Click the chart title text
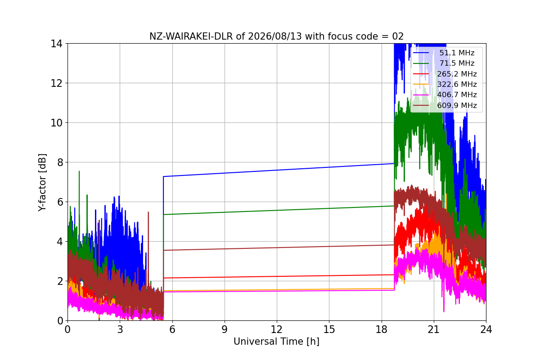(x=276, y=36)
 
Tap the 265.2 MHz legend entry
(x=445, y=74)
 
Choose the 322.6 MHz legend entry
(x=445, y=84)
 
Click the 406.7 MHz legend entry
(x=445, y=95)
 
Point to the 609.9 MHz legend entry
(x=445, y=105)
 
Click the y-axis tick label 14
(x=56, y=44)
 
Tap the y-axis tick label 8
(x=60, y=162)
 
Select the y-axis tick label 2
(x=60, y=281)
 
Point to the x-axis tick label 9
(x=225, y=329)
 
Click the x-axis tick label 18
(x=382, y=329)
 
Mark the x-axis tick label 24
(x=486, y=329)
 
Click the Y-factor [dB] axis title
(x=42, y=183)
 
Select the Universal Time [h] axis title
(x=276, y=342)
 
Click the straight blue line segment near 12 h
(x=279, y=170)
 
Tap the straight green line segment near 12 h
(x=279, y=210)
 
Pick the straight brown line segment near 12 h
(x=279, y=247)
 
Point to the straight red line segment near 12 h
(x=279, y=276)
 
